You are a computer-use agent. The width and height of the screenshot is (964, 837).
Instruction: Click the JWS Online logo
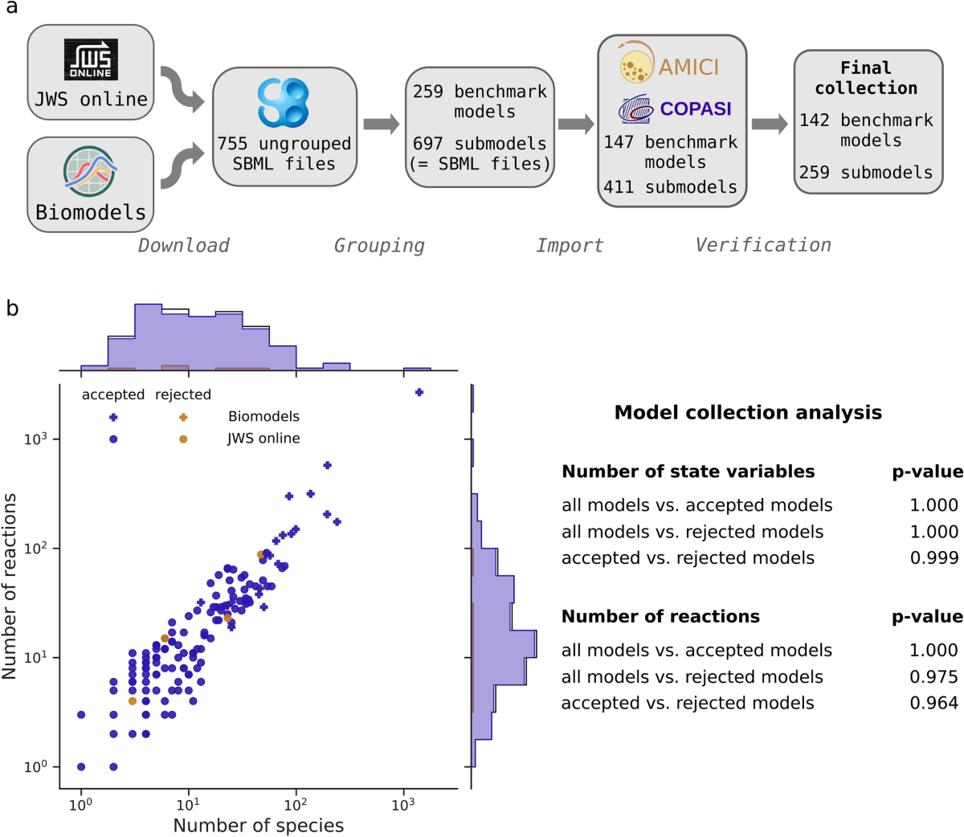[91, 59]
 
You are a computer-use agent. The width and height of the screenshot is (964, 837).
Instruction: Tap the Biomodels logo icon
[90, 171]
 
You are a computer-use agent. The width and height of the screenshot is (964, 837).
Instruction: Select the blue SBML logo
[284, 103]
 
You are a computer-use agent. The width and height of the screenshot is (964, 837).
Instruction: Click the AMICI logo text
[688, 67]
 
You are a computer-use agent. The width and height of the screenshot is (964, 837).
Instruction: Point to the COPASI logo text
[696, 108]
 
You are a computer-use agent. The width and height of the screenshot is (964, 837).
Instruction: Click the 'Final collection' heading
[866, 78]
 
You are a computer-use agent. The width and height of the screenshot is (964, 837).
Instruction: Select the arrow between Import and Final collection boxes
[769, 124]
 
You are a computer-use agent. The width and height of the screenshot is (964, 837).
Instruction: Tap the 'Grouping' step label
[379, 246]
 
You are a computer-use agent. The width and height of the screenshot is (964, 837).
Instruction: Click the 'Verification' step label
[762, 245]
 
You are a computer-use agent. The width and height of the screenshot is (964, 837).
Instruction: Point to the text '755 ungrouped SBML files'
[284, 153]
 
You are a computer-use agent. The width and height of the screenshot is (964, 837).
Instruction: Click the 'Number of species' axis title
[258, 825]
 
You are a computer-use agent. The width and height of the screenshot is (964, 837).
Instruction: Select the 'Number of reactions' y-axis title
[10, 586]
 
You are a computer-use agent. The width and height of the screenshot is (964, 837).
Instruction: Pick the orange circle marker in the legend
[183, 439]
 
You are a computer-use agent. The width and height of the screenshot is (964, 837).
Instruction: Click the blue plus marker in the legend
[113, 417]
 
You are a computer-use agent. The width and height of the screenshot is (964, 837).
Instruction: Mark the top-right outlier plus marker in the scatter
[419, 392]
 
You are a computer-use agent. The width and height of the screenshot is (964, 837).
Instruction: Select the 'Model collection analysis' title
[747, 413]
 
